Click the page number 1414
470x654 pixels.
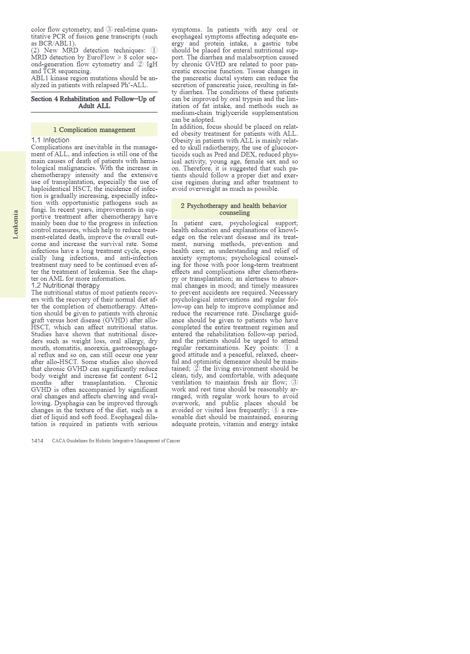(37, 441)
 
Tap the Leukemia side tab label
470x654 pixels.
(15, 224)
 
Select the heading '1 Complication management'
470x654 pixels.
(94, 130)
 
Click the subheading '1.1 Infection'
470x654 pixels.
(50, 140)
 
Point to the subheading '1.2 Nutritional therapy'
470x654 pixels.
(65, 285)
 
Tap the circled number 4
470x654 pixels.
(275, 410)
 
